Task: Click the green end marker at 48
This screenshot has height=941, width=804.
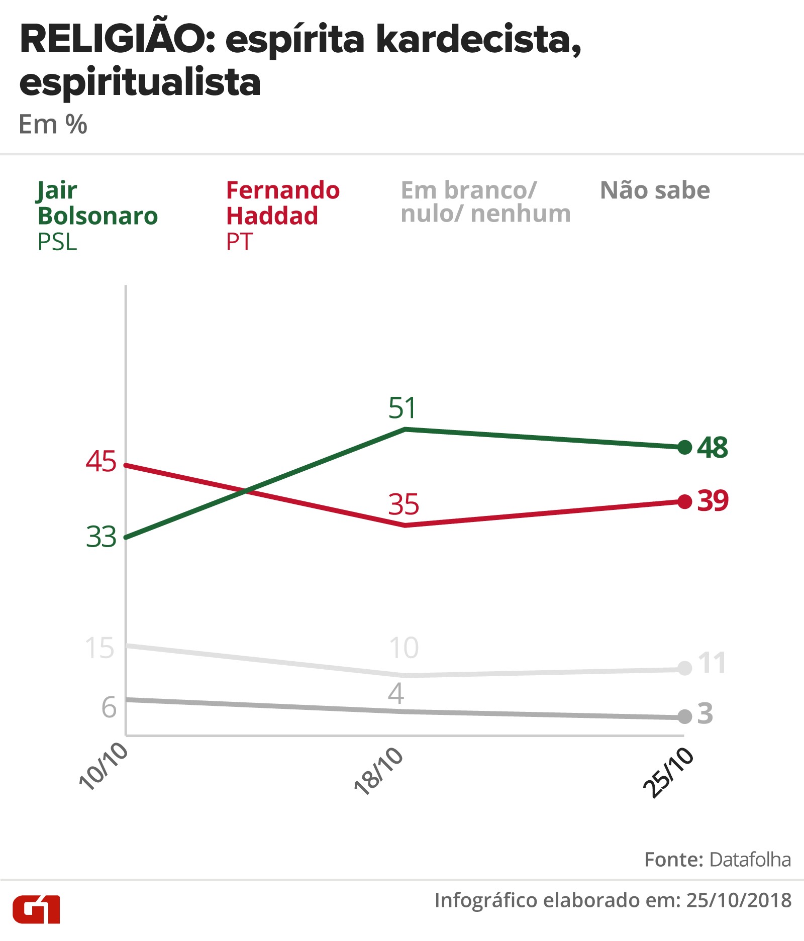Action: (684, 447)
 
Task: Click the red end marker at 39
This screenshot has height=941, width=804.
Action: (684, 501)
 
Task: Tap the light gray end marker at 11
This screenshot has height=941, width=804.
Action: (684, 668)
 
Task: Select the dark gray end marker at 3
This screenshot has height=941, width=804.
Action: (684, 716)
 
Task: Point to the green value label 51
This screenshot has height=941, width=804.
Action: (402, 408)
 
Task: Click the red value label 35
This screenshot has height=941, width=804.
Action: (404, 504)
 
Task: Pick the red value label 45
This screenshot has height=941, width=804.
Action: (101, 461)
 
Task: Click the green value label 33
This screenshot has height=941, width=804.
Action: (101, 537)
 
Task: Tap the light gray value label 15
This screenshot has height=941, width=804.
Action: (99, 648)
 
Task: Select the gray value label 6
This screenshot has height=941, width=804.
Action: (109, 707)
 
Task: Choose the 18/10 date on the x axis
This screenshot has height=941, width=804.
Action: (379, 771)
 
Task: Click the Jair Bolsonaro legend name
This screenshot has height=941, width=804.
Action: (97, 203)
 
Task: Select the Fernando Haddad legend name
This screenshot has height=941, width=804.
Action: (283, 203)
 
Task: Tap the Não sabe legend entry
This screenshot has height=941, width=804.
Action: (655, 190)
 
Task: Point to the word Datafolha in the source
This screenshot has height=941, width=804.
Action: (750, 860)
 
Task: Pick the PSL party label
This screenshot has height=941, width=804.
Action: (57, 242)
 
